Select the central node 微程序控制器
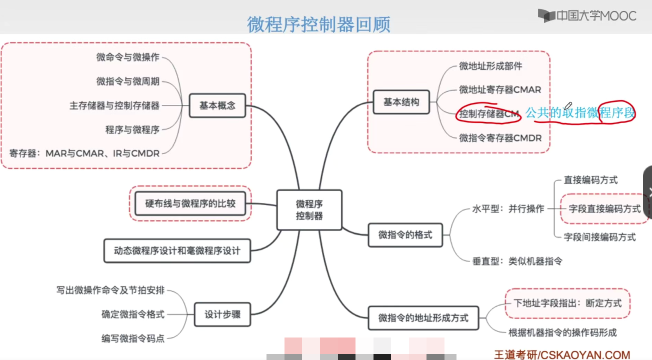click(309, 210)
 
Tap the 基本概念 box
click(217, 105)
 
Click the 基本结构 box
click(401, 102)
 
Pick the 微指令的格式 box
click(405, 234)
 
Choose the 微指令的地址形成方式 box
click(423, 317)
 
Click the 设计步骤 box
click(222, 314)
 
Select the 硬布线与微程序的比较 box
click(190, 203)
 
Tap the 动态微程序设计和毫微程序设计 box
click(177, 250)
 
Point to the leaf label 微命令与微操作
click(127, 57)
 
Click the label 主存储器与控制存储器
click(114, 105)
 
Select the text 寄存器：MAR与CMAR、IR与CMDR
click(84, 153)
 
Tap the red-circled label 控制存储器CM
click(489, 114)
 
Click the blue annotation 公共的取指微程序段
click(580, 113)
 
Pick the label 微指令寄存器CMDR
click(500, 138)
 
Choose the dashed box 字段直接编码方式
click(604, 208)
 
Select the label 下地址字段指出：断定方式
click(567, 303)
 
